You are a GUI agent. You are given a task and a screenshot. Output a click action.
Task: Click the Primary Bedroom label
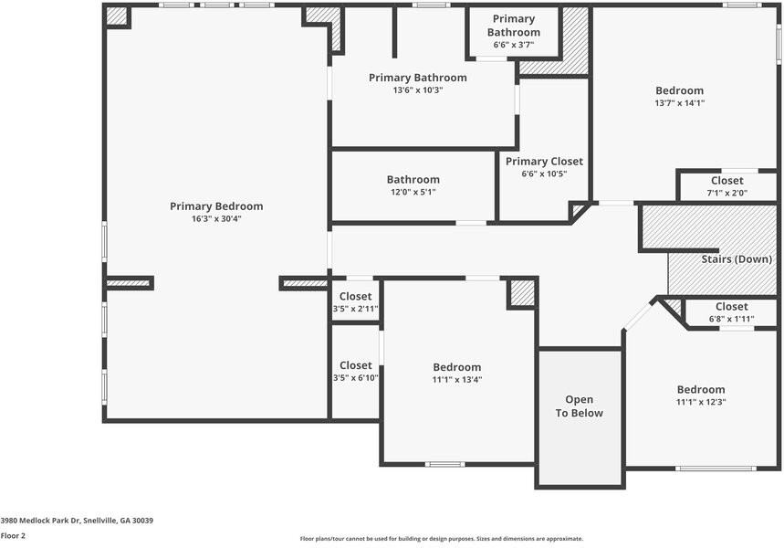pyautogui.click(x=216, y=206)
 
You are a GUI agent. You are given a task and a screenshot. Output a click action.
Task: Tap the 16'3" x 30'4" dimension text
pyautogui.click(x=216, y=218)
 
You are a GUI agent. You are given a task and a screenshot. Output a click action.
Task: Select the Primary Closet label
pyautogui.click(x=544, y=162)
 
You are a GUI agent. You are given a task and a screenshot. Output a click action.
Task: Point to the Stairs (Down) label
pyautogui.click(x=737, y=259)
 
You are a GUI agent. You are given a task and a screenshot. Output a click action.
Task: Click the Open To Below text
pyautogui.click(x=579, y=406)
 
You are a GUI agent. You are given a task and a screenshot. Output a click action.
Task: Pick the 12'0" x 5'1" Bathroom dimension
pyautogui.click(x=413, y=192)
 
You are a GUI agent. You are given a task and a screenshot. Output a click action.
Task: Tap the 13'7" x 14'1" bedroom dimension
pyautogui.click(x=680, y=103)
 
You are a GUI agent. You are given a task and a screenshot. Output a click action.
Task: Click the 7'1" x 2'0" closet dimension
pyautogui.click(x=727, y=193)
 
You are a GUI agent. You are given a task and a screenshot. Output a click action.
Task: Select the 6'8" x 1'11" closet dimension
pyautogui.click(x=731, y=319)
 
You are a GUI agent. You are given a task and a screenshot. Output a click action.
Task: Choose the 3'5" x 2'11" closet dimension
pyautogui.click(x=356, y=309)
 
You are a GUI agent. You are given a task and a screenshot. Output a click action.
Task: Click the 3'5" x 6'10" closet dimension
pyautogui.click(x=356, y=378)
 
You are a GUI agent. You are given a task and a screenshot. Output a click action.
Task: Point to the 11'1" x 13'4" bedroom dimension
pyautogui.click(x=457, y=380)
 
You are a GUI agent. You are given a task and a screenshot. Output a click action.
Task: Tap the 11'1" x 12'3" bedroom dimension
pyautogui.click(x=701, y=403)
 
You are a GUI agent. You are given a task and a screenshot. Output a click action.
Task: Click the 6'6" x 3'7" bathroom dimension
pyautogui.click(x=514, y=45)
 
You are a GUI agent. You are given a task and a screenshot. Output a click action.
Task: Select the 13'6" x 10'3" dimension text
pyautogui.click(x=418, y=90)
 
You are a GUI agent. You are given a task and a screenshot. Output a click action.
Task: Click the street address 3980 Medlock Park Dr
pyautogui.click(x=40, y=521)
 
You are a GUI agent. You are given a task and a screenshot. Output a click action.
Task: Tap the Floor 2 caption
pyautogui.click(x=13, y=536)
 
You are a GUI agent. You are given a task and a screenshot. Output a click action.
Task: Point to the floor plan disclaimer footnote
pyautogui.click(x=442, y=539)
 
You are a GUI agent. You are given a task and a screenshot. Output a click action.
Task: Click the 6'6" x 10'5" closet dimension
pyautogui.click(x=544, y=174)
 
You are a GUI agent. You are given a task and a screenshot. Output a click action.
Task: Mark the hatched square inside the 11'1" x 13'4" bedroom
pyautogui.click(x=522, y=293)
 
